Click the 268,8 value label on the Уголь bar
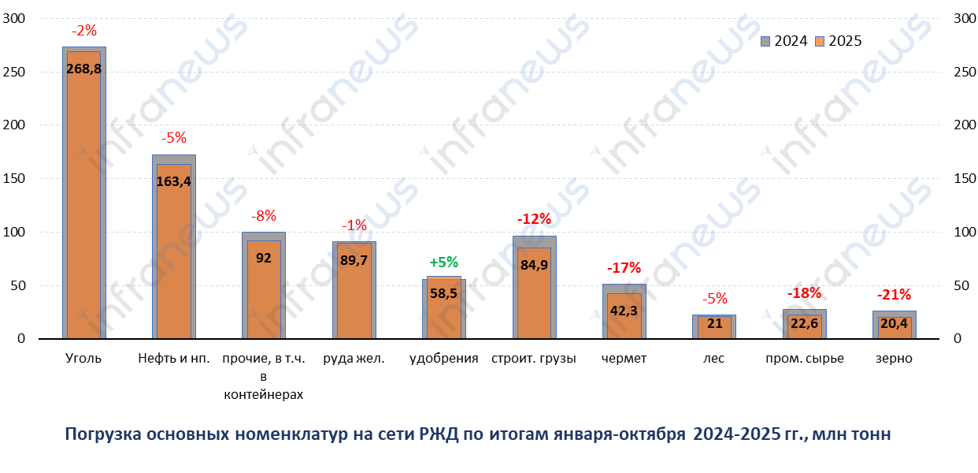point(84,69)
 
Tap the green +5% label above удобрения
point(443,263)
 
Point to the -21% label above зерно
point(894,295)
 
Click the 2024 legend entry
point(784,41)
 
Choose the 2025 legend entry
point(838,41)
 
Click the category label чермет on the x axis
point(624,359)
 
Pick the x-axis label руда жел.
point(354,359)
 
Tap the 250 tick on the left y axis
point(14,72)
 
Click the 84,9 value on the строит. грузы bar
point(534,265)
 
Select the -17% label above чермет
point(624,267)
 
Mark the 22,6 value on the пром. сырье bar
point(804,323)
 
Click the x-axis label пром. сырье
point(804,359)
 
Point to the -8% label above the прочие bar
point(264,215)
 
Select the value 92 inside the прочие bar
point(264,258)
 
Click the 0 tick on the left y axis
point(21,339)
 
